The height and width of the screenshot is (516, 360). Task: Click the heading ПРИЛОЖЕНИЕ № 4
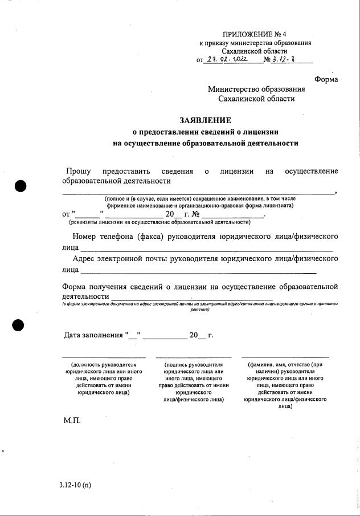point(255,35)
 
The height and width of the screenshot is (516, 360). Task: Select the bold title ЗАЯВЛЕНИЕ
point(206,120)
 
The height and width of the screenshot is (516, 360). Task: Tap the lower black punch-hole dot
point(19,325)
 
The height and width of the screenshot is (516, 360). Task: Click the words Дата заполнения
point(93,335)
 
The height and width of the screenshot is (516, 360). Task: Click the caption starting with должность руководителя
point(104,377)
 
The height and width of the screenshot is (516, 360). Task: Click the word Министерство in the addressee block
point(234,89)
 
